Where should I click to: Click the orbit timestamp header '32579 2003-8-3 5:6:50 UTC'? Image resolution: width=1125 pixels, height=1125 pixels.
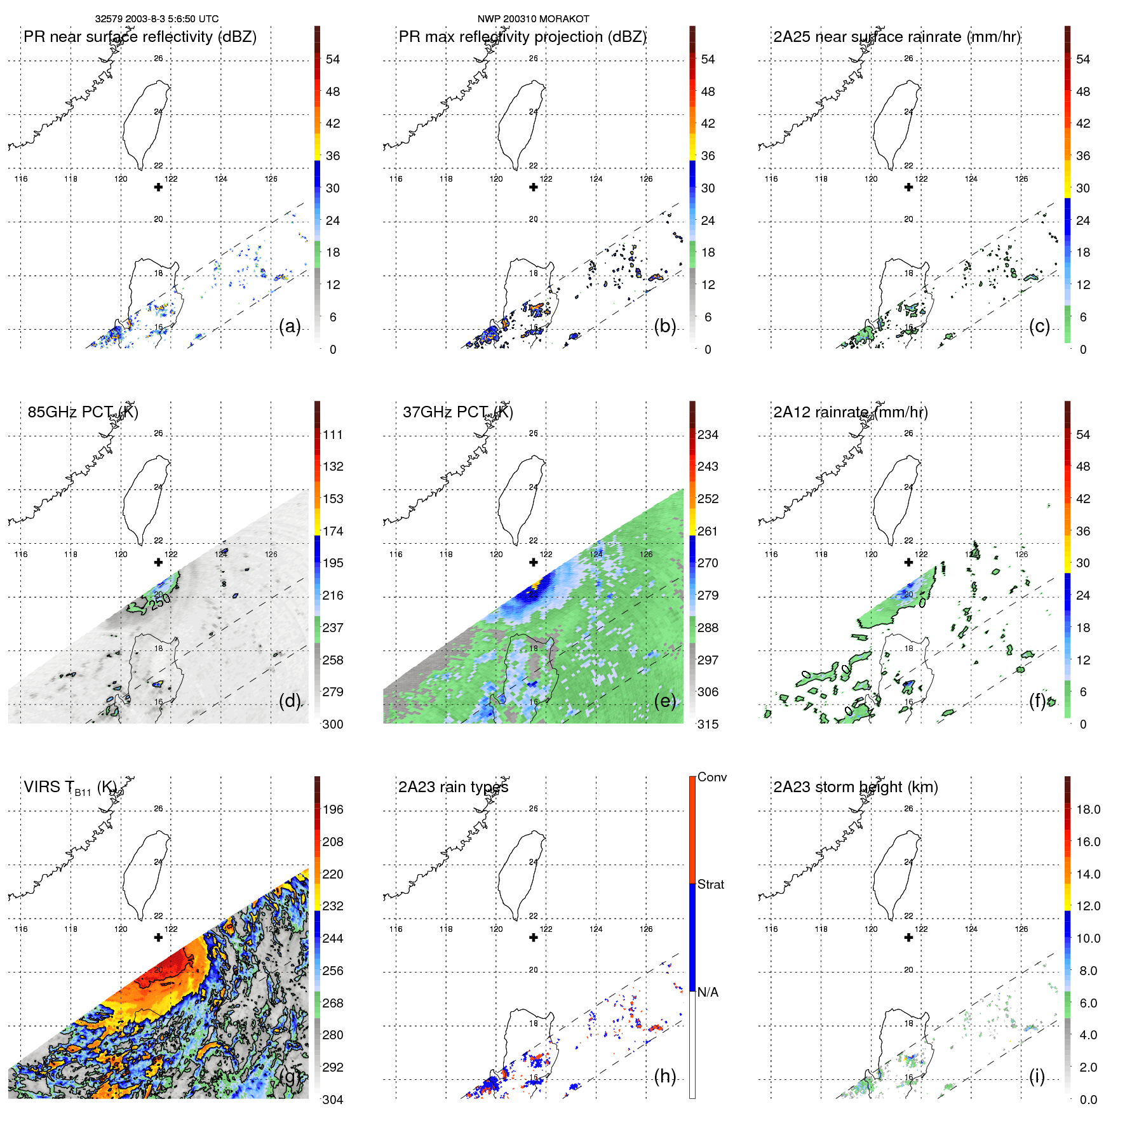pyautogui.click(x=156, y=19)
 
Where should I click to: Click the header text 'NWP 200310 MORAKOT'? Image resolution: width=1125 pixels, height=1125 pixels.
pyautogui.click(x=533, y=19)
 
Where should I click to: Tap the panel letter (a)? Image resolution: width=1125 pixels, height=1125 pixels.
pyautogui.click(x=290, y=326)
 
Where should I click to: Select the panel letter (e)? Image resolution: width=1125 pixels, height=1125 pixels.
pyautogui.click(x=664, y=701)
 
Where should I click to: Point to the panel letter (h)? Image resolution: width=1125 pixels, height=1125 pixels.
pyautogui.click(x=664, y=1076)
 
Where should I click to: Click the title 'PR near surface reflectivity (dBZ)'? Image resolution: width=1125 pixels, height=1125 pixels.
pyautogui.click(x=140, y=37)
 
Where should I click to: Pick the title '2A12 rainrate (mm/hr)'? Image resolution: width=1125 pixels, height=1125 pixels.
pyautogui.click(x=850, y=412)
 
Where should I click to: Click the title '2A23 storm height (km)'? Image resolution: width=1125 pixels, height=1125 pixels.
pyautogui.click(x=855, y=787)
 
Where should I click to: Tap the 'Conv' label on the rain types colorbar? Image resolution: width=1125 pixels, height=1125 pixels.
pyautogui.click(x=712, y=777)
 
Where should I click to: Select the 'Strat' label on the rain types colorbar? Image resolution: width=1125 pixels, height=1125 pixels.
pyautogui.click(x=711, y=884)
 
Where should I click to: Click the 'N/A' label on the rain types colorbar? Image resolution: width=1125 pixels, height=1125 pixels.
pyautogui.click(x=708, y=992)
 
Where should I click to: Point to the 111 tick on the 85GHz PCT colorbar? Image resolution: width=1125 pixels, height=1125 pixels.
pyautogui.click(x=333, y=435)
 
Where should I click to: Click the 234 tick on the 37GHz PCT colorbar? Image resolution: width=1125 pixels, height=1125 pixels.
pyautogui.click(x=708, y=435)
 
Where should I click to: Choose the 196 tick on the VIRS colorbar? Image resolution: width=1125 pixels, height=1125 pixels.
pyautogui.click(x=333, y=809)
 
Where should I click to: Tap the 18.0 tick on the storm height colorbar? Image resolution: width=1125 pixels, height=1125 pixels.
pyautogui.click(x=1088, y=809)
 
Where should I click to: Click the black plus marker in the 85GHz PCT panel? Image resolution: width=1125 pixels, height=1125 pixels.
pyautogui.click(x=158, y=562)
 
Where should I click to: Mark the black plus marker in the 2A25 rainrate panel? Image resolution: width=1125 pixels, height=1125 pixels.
pyautogui.click(x=908, y=187)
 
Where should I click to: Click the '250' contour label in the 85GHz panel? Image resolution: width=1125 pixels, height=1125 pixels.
pyautogui.click(x=160, y=599)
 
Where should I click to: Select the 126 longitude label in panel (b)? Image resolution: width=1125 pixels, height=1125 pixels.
pyautogui.click(x=646, y=179)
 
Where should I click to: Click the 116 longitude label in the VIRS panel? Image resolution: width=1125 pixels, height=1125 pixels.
pyautogui.click(x=21, y=929)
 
